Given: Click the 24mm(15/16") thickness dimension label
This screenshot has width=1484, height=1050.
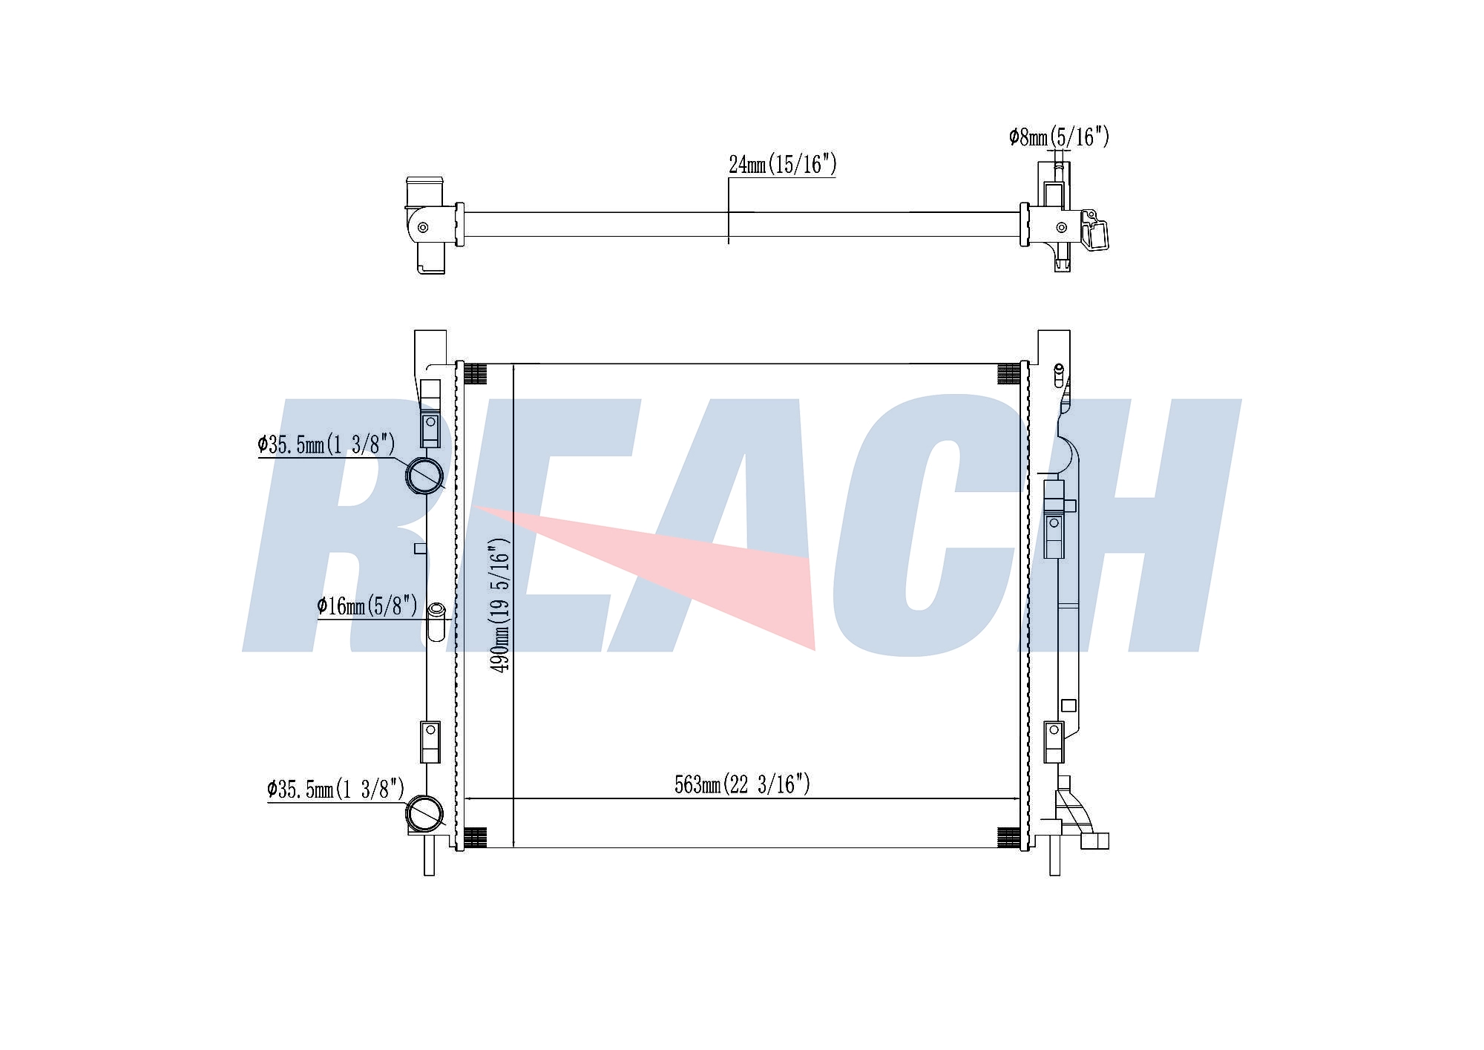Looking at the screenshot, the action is pos(782,164).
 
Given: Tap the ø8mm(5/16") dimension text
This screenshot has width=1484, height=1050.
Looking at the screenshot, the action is pos(1059,137).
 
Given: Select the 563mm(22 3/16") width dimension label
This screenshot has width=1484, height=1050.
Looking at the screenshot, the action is pos(742,784).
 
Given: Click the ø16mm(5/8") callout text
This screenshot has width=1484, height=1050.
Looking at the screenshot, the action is pos(367,606).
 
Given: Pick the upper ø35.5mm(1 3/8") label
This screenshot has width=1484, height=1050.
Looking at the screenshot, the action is pos(326,444).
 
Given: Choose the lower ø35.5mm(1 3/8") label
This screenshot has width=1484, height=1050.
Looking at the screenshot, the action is pos(336,789).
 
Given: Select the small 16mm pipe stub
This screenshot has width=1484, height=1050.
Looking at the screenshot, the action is pos(437,620).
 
